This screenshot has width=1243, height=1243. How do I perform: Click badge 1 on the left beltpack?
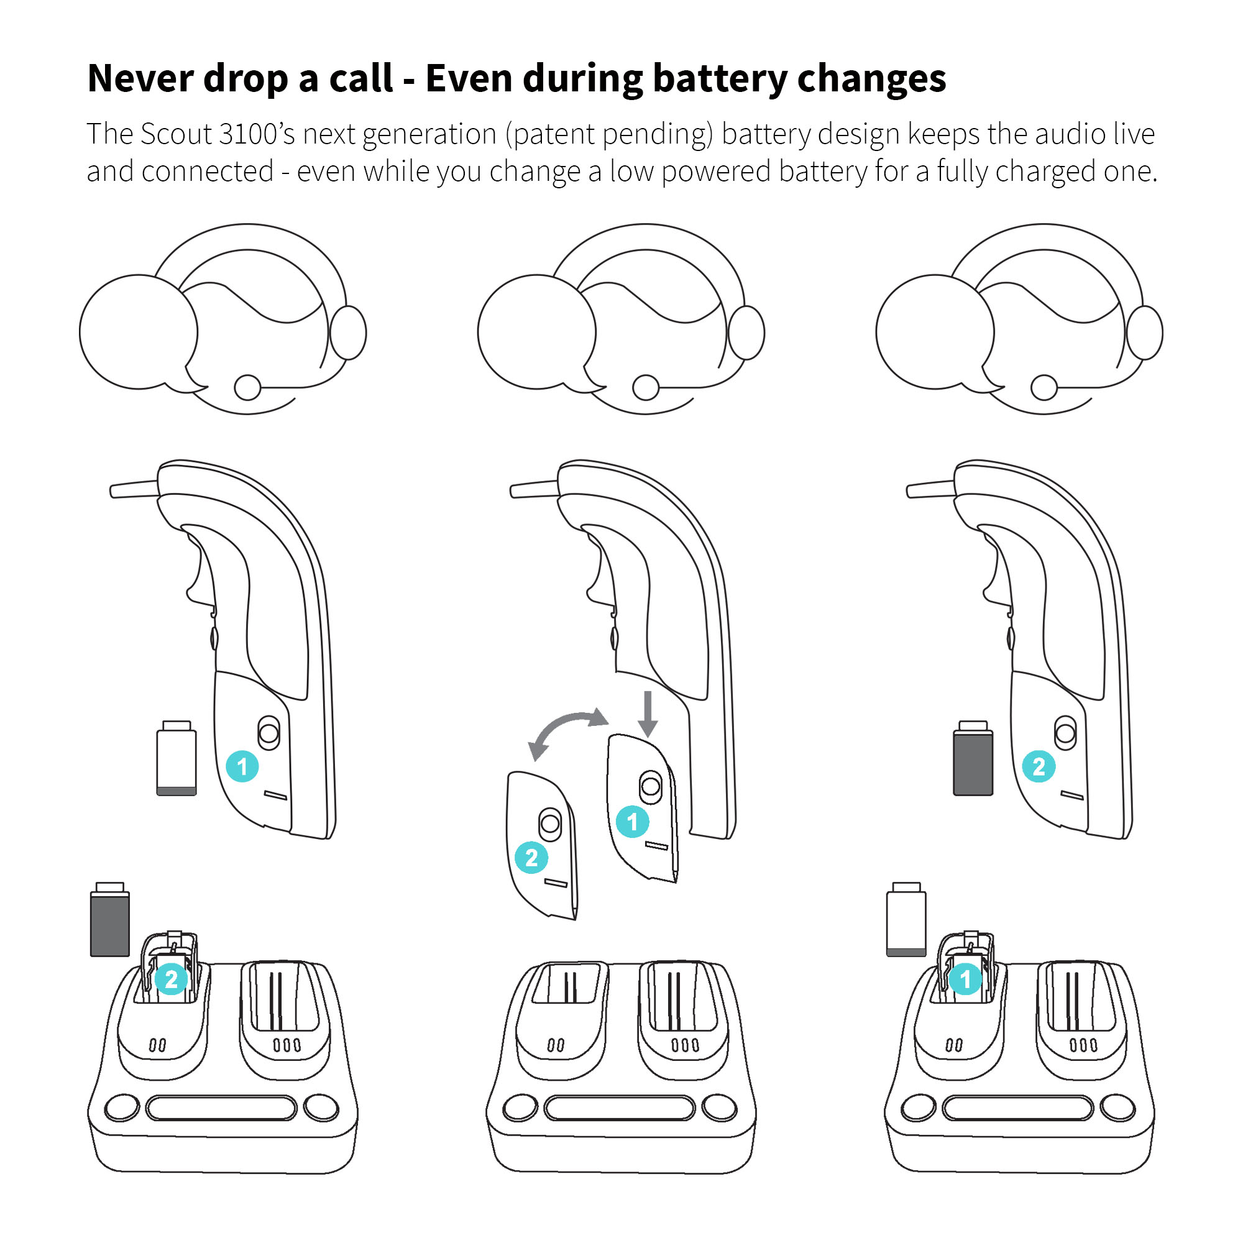pyautogui.click(x=242, y=766)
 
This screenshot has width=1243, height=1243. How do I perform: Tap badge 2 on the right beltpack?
pyautogui.click(x=1039, y=766)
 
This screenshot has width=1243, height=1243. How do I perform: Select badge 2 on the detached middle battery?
pyautogui.click(x=531, y=858)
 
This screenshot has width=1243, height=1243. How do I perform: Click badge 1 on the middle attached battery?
pyautogui.click(x=633, y=822)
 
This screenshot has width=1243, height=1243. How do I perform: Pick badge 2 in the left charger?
pyautogui.click(x=171, y=979)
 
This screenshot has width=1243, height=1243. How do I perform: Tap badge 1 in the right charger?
pyautogui.click(x=965, y=979)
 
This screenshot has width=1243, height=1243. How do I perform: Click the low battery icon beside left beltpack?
pyautogui.click(x=177, y=758)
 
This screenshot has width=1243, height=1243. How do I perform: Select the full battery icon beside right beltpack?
pyautogui.click(x=973, y=758)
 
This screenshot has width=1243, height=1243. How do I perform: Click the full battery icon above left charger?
pyautogui.click(x=110, y=919)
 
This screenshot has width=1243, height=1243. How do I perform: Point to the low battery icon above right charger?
pyautogui.click(x=907, y=919)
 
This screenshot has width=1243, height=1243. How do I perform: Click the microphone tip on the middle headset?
pyautogui.click(x=646, y=387)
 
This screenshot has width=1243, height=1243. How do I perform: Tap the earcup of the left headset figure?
pyautogui.click(x=348, y=333)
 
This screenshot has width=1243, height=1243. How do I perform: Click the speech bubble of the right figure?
pyautogui.click(x=935, y=333)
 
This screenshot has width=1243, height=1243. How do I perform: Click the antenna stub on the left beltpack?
pyautogui.click(x=134, y=489)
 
